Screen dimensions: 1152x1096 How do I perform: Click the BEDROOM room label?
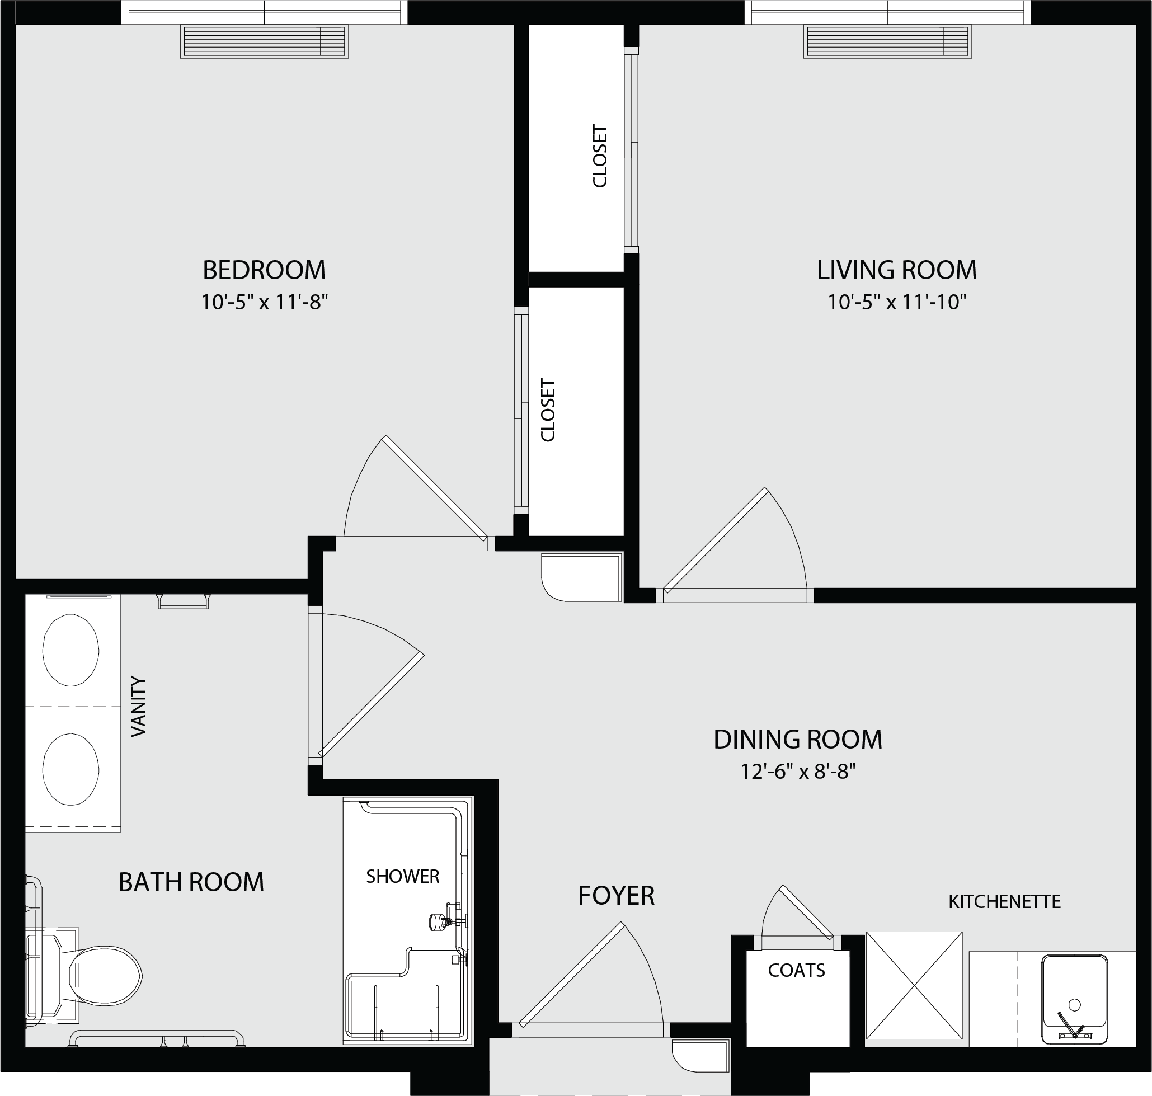pyautogui.click(x=264, y=270)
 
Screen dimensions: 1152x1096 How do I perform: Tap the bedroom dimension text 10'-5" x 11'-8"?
pyautogui.click(x=264, y=302)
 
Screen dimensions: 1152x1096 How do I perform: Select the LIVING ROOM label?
pyautogui.click(x=897, y=270)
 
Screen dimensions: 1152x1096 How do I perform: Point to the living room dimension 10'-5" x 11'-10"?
pyautogui.click(x=897, y=302)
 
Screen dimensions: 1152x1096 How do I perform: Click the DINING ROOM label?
pyautogui.click(x=797, y=740)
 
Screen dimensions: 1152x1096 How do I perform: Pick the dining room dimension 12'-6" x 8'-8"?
pyautogui.click(x=798, y=772)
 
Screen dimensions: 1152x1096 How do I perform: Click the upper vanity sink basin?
pyautogui.click(x=70, y=650)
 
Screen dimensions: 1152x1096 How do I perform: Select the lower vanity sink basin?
pyautogui.click(x=70, y=769)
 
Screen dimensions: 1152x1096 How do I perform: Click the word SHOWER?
pyautogui.click(x=402, y=876)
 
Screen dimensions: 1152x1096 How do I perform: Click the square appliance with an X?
pyautogui.click(x=914, y=986)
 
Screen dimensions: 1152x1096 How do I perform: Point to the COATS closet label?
pyautogui.click(x=796, y=970)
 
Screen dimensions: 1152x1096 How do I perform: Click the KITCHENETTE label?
pyautogui.click(x=1004, y=901)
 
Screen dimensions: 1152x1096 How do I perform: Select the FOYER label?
pyautogui.click(x=617, y=896)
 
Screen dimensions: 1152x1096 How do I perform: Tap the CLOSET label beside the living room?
pyautogui.click(x=600, y=156)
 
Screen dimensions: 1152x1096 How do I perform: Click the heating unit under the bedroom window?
pyautogui.click(x=264, y=41)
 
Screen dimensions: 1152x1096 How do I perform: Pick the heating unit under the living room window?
pyautogui.click(x=887, y=41)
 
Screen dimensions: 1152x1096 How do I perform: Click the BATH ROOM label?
pyautogui.click(x=191, y=882)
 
